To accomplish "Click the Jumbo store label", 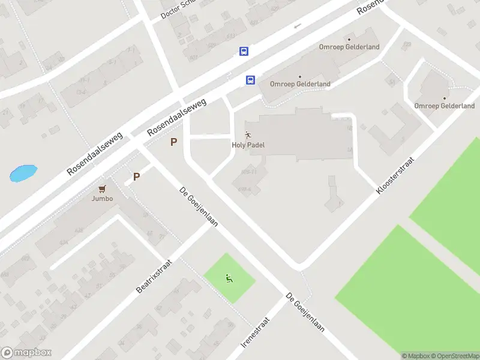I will tap(102, 199).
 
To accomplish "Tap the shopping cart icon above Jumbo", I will tap(103, 188).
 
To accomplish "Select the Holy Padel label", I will tap(248, 145).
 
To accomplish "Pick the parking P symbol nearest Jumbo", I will tap(136, 177).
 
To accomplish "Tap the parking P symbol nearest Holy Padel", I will tap(174, 142).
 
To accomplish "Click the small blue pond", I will tap(23, 173).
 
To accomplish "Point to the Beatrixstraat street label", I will tap(154, 276).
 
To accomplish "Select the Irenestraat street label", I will tap(256, 332).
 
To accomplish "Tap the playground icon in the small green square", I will tap(229, 278).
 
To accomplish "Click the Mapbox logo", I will tap(26, 353).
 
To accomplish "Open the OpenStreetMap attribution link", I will tap(454, 356).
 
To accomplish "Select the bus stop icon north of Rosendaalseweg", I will tap(244, 52).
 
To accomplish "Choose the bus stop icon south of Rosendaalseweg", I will tap(250, 80).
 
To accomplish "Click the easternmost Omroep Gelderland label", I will tap(444, 106).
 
